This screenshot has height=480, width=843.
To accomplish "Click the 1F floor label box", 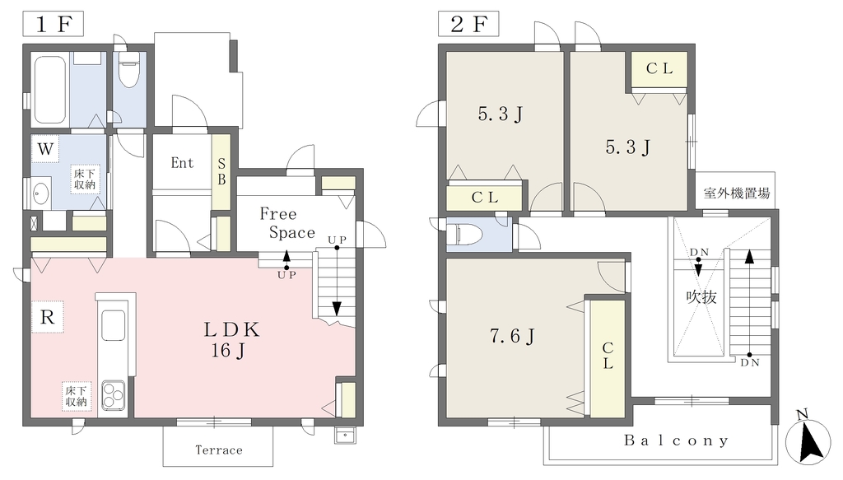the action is point(54,24).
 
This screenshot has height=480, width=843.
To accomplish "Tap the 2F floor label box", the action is point(468,24).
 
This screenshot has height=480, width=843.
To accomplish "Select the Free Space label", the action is point(287,223).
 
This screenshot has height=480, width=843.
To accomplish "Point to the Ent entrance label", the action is point(182,163).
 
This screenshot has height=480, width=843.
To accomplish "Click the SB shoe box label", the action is point(221,171).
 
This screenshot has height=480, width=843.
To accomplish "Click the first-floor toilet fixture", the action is point(129,69).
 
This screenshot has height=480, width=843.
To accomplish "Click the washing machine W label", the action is point(45,149).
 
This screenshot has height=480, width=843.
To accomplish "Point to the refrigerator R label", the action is point(47,317).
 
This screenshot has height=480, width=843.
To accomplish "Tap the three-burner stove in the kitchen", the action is point(113,396).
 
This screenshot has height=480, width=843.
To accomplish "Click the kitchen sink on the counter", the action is point(113,326).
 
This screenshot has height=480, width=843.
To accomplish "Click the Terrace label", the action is point(219,450).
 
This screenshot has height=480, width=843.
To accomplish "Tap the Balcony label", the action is point(677,440).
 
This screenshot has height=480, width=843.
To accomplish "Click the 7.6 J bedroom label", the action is point(512,337).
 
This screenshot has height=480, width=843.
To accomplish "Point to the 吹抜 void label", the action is point(701,296).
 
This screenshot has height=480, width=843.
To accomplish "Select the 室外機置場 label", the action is point(736,193).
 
